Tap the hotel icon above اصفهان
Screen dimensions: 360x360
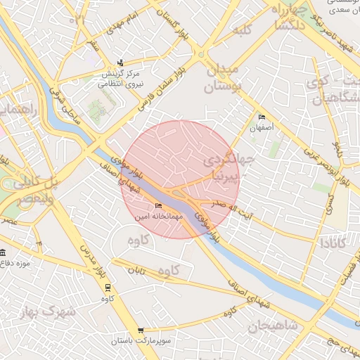click(x=262, y=117)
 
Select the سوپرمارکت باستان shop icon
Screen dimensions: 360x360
click(x=141, y=330)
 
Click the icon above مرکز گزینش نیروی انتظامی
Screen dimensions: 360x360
click(x=120, y=63)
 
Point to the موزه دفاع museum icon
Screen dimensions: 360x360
click(x=3, y=252)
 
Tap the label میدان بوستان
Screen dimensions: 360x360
click(x=223, y=78)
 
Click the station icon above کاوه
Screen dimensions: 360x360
click(x=108, y=287)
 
